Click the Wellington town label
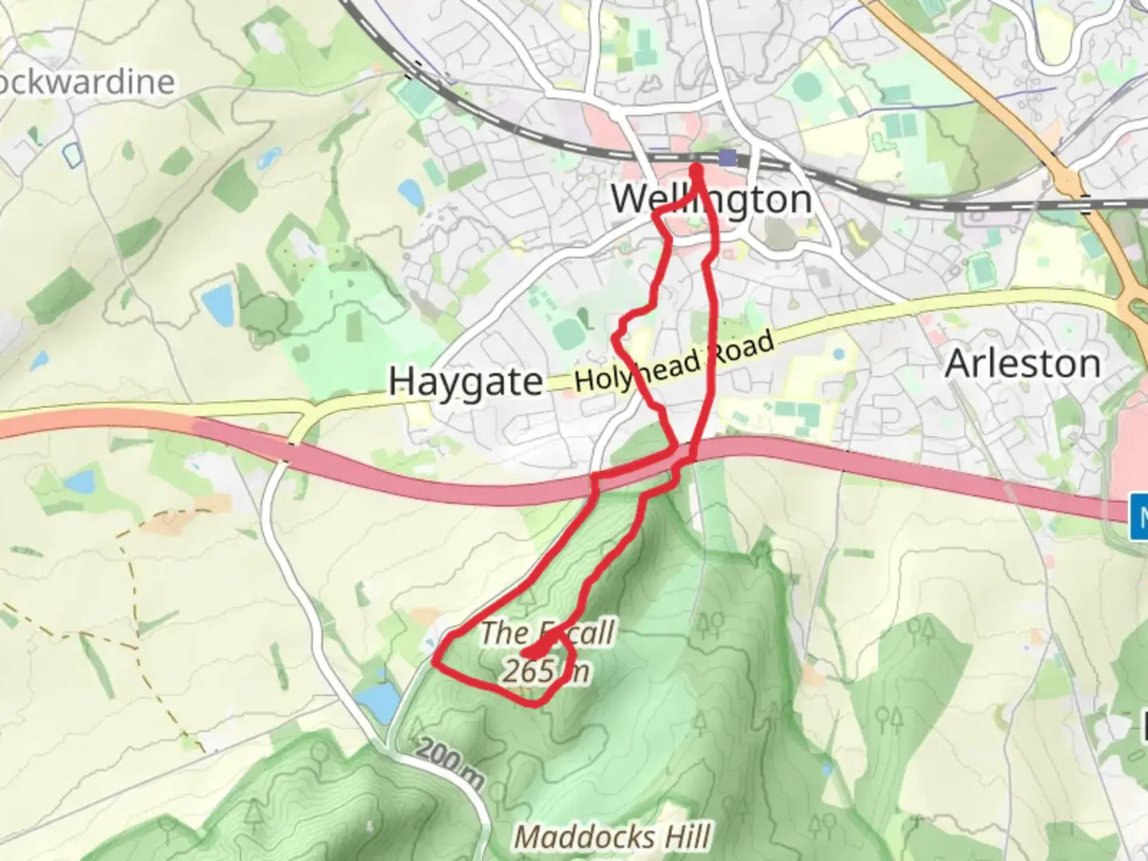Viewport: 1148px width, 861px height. [x=711, y=199]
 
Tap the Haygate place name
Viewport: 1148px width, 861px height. [x=466, y=381]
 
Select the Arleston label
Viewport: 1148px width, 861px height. [x=1023, y=364]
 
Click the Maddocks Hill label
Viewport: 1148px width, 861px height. [x=612, y=837]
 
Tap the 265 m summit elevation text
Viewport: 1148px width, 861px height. [x=545, y=670]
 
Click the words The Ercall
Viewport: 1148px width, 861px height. [x=547, y=633]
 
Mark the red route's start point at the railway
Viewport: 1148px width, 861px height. [x=696, y=168]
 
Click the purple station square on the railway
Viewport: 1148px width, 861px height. [x=726, y=157]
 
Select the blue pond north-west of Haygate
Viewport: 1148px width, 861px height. [x=217, y=302]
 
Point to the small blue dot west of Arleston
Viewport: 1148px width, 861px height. [x=837, y=352]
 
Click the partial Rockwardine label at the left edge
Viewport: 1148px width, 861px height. [x=88, y=82]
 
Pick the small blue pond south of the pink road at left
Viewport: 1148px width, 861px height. [x=80, y=481]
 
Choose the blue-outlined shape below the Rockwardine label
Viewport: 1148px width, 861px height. [x=73, y=155]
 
